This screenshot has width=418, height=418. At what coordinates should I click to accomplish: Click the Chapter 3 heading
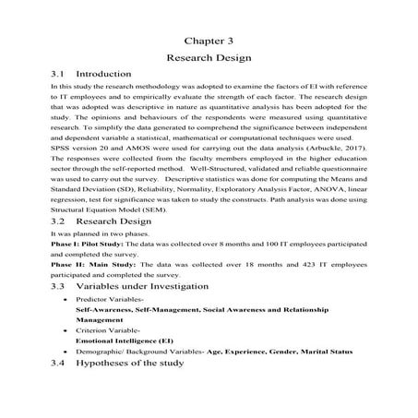(x=209, y=41)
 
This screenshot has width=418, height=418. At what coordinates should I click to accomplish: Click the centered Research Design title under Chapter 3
(x=209, y=57)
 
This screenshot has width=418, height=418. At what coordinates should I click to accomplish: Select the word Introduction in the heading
(x=103, y=73)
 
